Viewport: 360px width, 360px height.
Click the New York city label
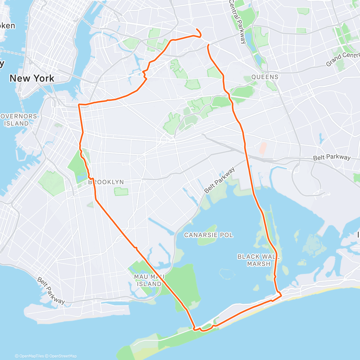point(32,79)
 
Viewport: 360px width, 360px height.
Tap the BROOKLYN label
point(106,182)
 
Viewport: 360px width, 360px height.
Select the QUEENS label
point(265,77)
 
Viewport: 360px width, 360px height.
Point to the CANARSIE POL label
point(208,235)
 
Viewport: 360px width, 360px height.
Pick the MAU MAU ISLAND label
point(149,280)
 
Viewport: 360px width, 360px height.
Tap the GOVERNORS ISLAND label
point(19,120)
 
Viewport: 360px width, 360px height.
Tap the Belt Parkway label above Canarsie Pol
point(220,180)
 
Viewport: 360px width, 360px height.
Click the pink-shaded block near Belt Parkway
point(263,149)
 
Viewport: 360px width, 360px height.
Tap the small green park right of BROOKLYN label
point(121,191)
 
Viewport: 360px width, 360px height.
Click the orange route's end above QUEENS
point(208,45)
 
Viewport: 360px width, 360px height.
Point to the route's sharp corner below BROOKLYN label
point(95,199)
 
